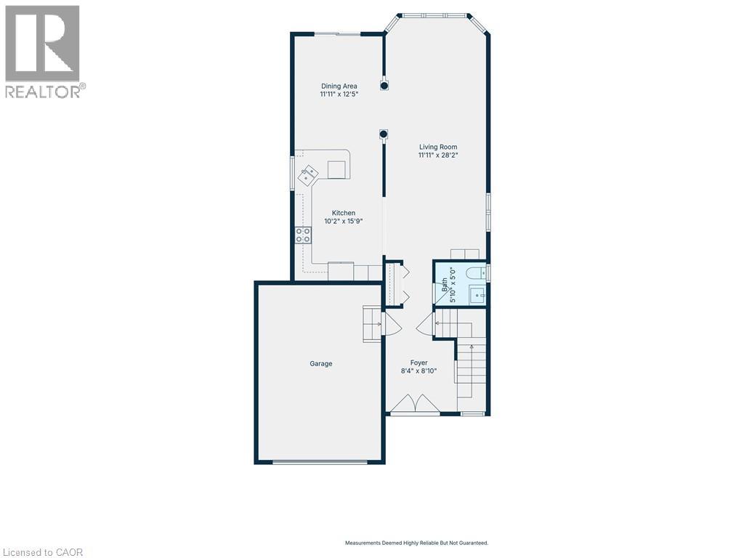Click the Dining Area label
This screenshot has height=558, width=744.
pyautogui.click(x=339, y=86)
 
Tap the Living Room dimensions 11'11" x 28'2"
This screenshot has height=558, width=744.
pyautogui.click(x=437, y=155)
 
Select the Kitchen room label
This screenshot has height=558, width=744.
pyautogui.click(x=344, y=213)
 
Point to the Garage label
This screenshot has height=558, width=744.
pyautogui.click(x=320, y=363)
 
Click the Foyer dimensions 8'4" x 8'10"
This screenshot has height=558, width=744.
pyautogui.click(x=418, y=371)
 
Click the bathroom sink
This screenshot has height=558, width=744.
pyautogui.click(x=477, y=294)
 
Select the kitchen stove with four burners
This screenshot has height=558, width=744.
pyautogui.click(x=303, y=235)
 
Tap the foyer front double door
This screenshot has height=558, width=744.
pyautogui.click(x=414, y=404)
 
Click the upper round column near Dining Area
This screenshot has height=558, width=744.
pyautogui.click(x=384, y=85)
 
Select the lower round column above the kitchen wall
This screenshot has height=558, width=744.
pyautogui.click(x=383, y=134)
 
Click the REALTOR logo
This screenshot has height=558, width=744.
pyautogui.click(x=43, y=51)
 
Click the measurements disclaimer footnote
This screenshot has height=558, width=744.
pyautogui.click(x=416, y=543)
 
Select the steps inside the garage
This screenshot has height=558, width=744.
pyautogui.click(x=372, y=323)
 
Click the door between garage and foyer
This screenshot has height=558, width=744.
pyautogui.click(x=389, y=324)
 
